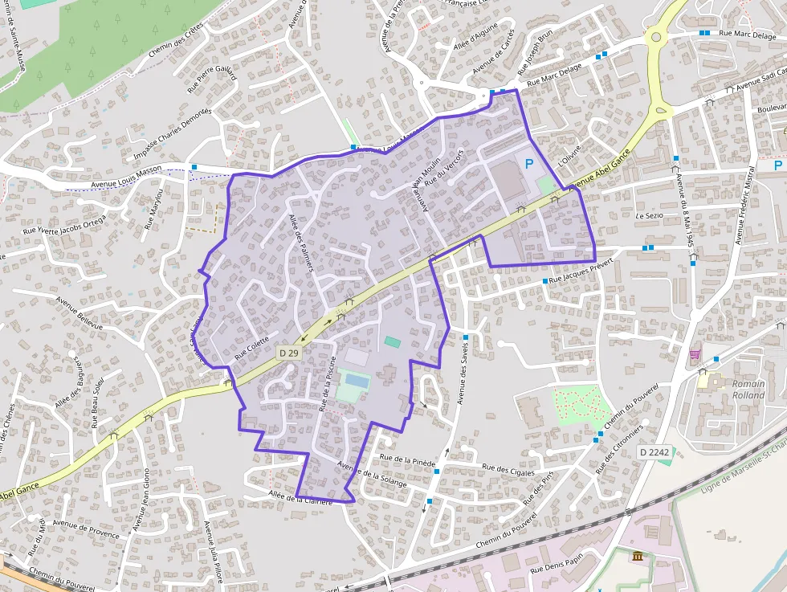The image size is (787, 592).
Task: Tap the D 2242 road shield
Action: point(654,453)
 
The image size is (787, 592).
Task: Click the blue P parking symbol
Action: point(528,164)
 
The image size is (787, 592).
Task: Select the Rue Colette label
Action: point(252,348)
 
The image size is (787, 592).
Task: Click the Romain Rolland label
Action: point(748,389)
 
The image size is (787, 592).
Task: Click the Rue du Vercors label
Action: point(445,168)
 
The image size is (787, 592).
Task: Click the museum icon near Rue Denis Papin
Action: point(638,557)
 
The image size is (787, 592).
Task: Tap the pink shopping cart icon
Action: point(695,353)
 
